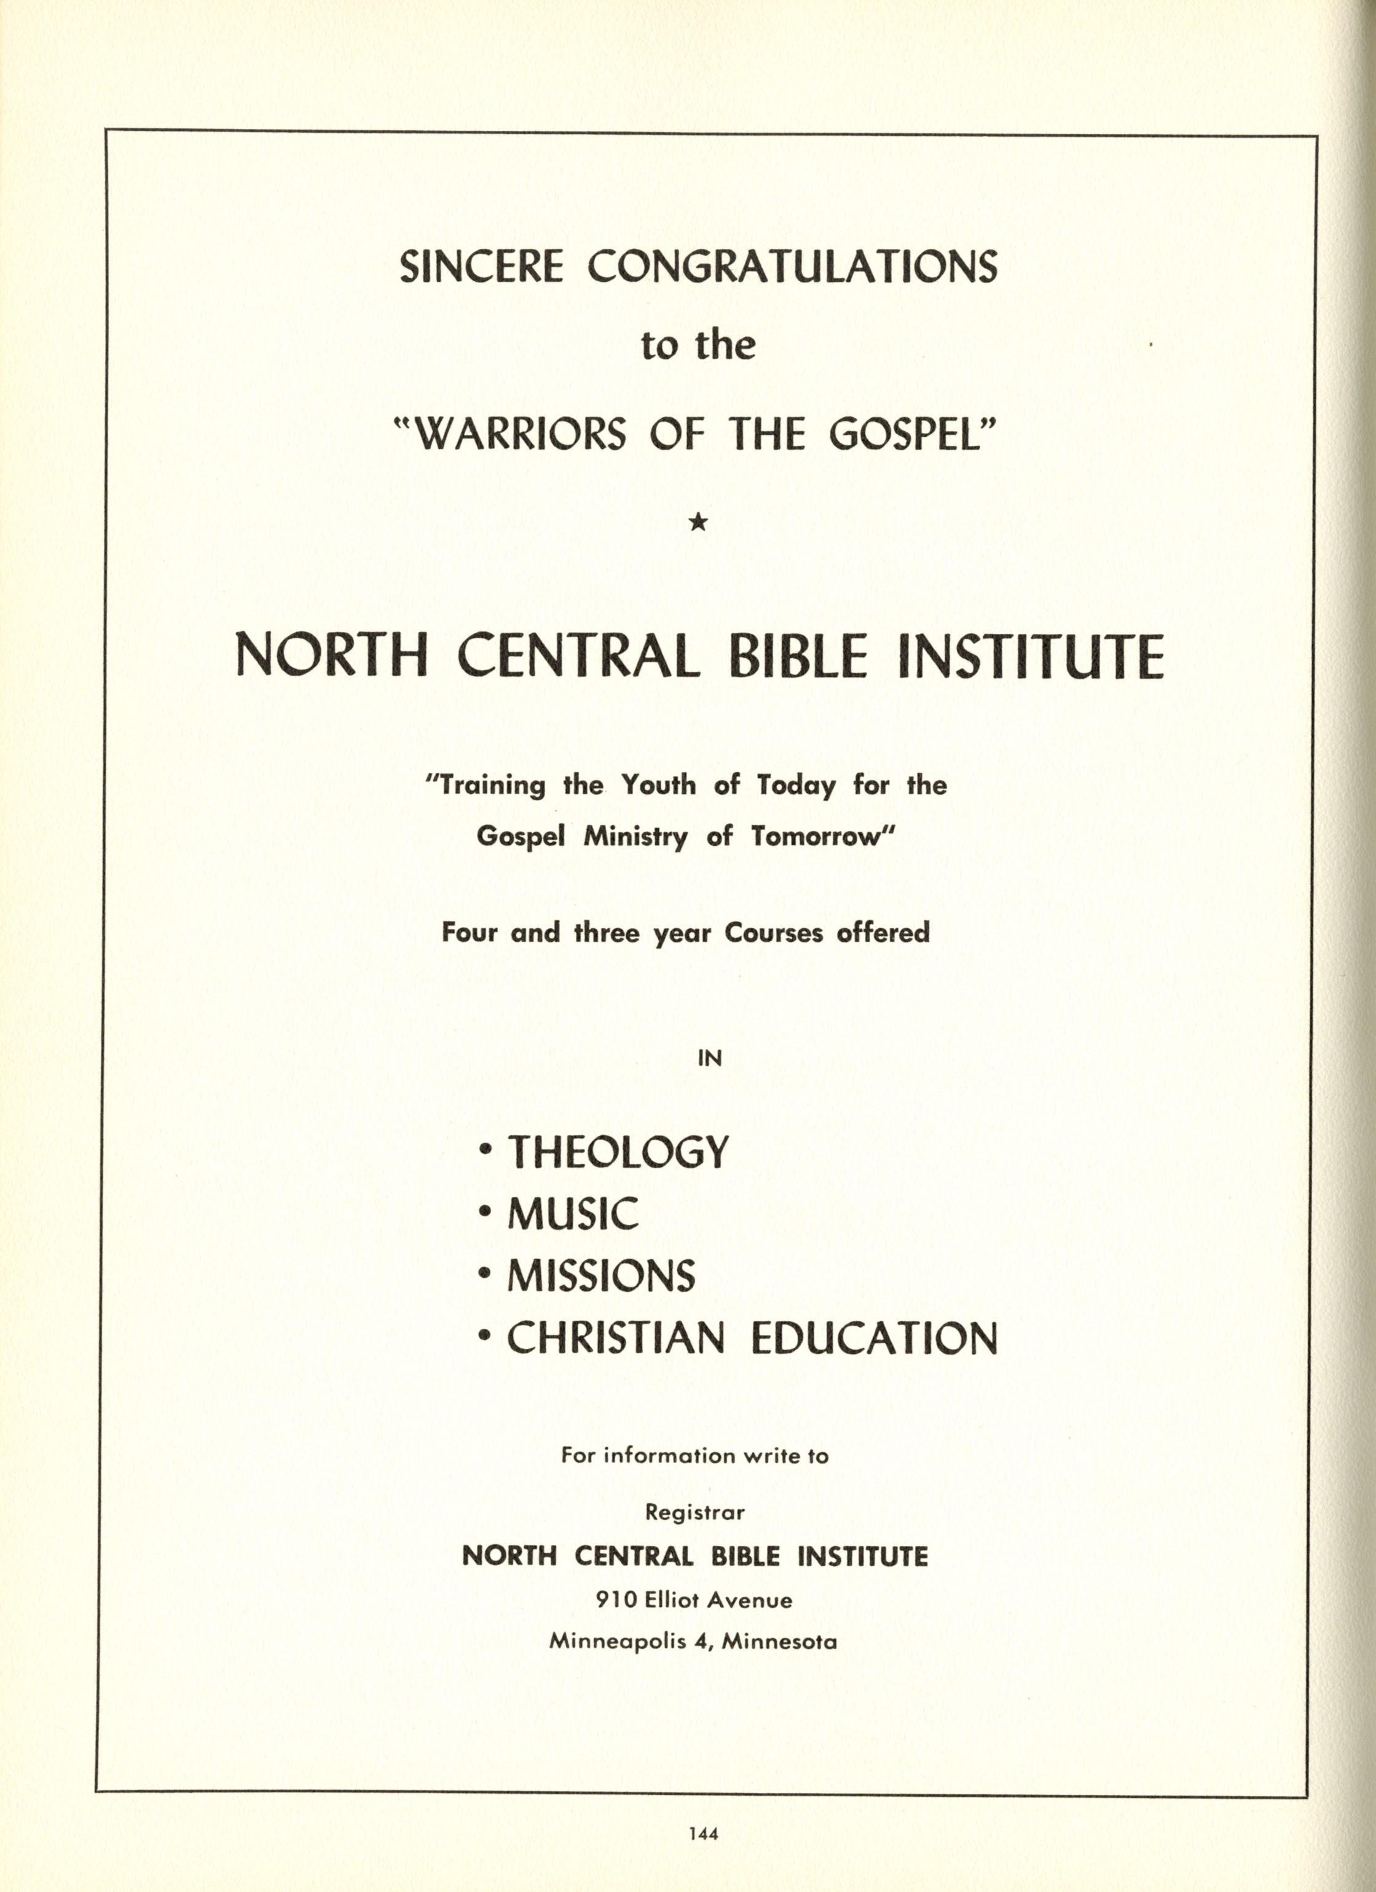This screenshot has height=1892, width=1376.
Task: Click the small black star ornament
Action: [x=699, y=522]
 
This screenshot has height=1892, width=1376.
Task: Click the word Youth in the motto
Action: [x=657, y=785]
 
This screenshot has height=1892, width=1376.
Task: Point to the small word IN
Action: [x=709, y=1058]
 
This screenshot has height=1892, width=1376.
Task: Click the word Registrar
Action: [x=695, y=1512]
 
